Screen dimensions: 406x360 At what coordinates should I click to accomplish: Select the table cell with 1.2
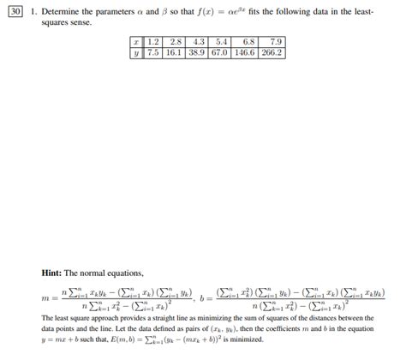[x=153, y=41]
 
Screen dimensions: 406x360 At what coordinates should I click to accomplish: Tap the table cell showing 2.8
[x=176, y=41]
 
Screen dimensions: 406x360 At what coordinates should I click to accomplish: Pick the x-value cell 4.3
[x=200, y=41]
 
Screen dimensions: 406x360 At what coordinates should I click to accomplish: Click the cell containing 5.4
[x=223, y=41]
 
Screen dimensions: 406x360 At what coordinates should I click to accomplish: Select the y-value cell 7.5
[x=153, y=52]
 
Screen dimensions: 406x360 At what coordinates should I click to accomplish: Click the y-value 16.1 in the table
[x=176, y=52]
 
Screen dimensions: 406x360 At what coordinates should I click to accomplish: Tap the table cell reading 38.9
[x=200, y=52]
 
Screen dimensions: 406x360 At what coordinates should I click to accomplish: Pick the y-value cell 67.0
[x=223, y=52]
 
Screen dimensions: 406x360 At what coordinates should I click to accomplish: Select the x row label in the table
[x=136, y=41]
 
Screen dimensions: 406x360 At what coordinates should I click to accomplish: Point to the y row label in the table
[x=136, y=52]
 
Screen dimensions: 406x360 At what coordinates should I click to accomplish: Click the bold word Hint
[x=55, y=273]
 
